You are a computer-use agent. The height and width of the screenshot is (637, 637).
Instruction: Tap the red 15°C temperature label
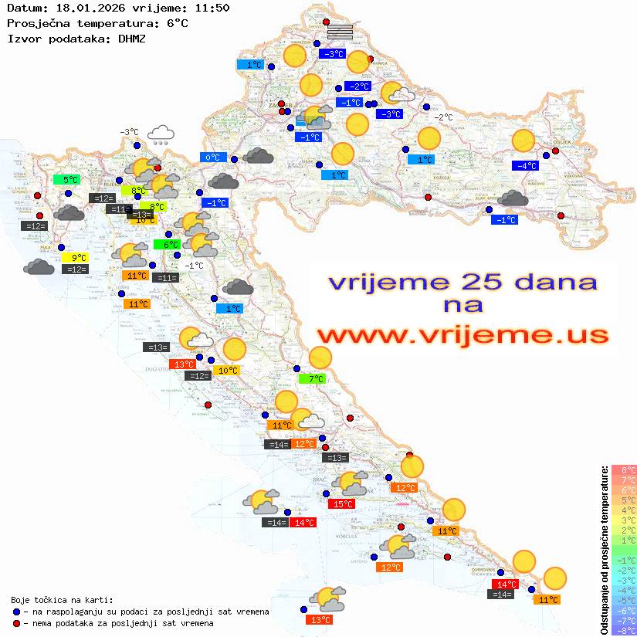point(343,504)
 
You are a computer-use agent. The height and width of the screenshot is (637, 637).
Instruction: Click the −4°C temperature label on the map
point(525,166)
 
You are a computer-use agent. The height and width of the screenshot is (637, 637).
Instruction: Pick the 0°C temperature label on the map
point(212,158)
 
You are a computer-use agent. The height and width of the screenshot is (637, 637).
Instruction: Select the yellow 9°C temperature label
point(78,258)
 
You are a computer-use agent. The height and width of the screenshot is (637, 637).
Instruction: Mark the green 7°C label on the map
point(312,379)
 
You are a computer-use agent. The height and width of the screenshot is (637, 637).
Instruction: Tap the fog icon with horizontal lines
point(340,31)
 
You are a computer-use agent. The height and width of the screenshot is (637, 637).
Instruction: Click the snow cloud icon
point(161,135)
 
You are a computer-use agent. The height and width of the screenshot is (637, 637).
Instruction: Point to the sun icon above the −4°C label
point(523,141)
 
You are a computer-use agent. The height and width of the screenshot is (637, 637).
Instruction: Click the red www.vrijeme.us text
point(462,335)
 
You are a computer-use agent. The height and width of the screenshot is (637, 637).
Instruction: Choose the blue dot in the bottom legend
point(17,612)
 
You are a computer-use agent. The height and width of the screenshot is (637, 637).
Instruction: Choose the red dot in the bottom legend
point(17,623)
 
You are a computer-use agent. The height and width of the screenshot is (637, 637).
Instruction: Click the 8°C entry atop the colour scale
point(624,469)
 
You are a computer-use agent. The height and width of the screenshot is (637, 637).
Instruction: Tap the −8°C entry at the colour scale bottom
point(624,630)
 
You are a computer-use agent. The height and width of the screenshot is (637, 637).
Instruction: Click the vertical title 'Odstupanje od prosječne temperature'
point(604,550)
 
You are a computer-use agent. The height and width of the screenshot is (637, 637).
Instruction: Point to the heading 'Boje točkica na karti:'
point(62,599)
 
